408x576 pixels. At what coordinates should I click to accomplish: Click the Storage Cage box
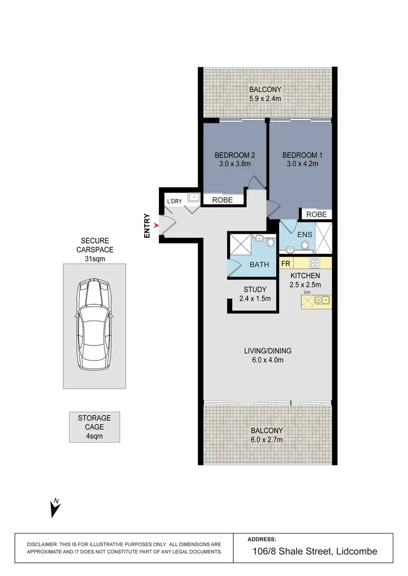94,427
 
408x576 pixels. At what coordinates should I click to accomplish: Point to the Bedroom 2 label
235,155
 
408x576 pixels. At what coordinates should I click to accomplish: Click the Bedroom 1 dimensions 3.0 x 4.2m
300,164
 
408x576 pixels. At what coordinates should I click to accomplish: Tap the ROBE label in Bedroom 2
222,200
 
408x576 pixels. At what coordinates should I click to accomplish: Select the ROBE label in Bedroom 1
316,215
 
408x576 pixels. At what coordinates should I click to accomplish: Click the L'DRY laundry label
175,202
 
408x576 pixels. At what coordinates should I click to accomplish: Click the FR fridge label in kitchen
285,264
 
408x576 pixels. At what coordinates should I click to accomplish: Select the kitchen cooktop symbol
314,264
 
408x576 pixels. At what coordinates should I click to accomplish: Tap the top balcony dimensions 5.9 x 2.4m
265,98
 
